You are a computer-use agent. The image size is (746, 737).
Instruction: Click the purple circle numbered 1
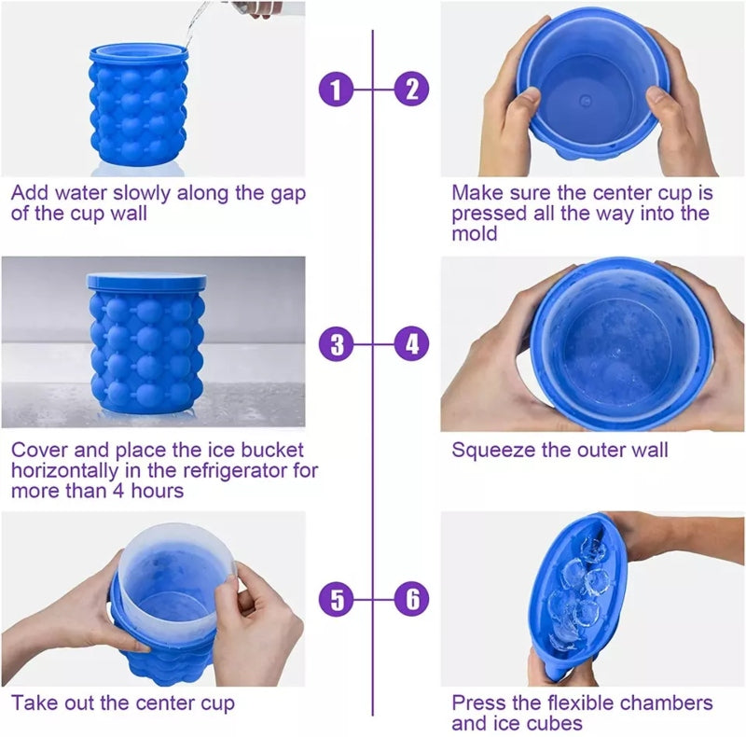click(x=337, y=90)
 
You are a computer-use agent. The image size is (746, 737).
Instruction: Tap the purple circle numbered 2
click(x=411, y=90)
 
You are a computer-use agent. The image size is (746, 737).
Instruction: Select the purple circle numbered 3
click(x=337, y=344)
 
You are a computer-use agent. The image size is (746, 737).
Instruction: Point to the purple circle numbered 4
click(x=411, y=344)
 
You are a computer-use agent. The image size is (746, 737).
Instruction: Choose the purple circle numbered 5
click(x=337, y=598)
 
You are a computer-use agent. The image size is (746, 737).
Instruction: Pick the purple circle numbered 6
click(x=411, y=598)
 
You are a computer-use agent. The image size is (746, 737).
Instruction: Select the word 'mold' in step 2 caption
click(x=476, y=233)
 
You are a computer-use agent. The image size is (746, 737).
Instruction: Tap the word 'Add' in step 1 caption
click(x=30, y=193)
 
